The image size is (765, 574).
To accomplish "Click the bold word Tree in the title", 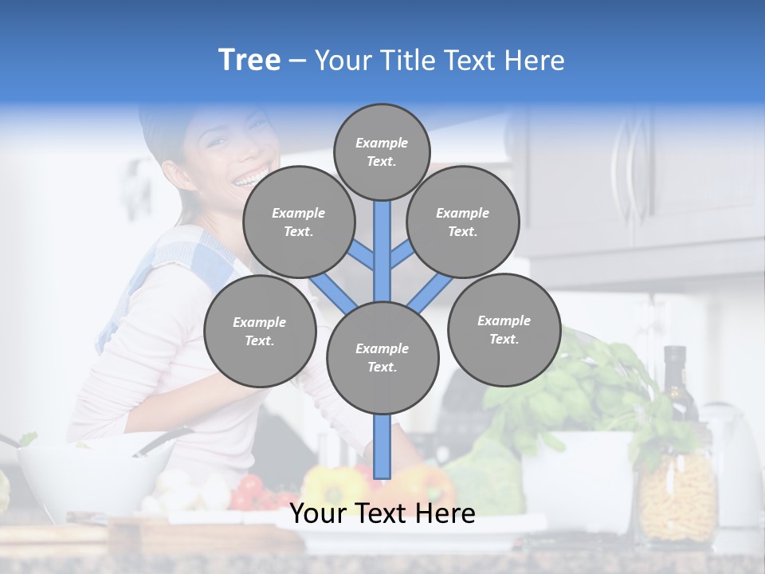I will tap(249, 61).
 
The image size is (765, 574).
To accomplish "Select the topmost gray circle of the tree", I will tap(382, 151).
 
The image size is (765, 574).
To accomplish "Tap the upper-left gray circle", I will tap(299, 222).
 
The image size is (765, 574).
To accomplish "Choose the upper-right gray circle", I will tap(463, 222).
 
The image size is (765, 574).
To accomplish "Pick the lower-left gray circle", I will tap(260, 331).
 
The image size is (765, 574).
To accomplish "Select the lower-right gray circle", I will tap(504, 329).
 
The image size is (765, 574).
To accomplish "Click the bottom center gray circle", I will tap(382, 357).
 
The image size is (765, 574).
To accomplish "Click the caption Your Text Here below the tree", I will tap(382, 513).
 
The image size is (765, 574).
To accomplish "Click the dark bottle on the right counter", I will tap(676, 383).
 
